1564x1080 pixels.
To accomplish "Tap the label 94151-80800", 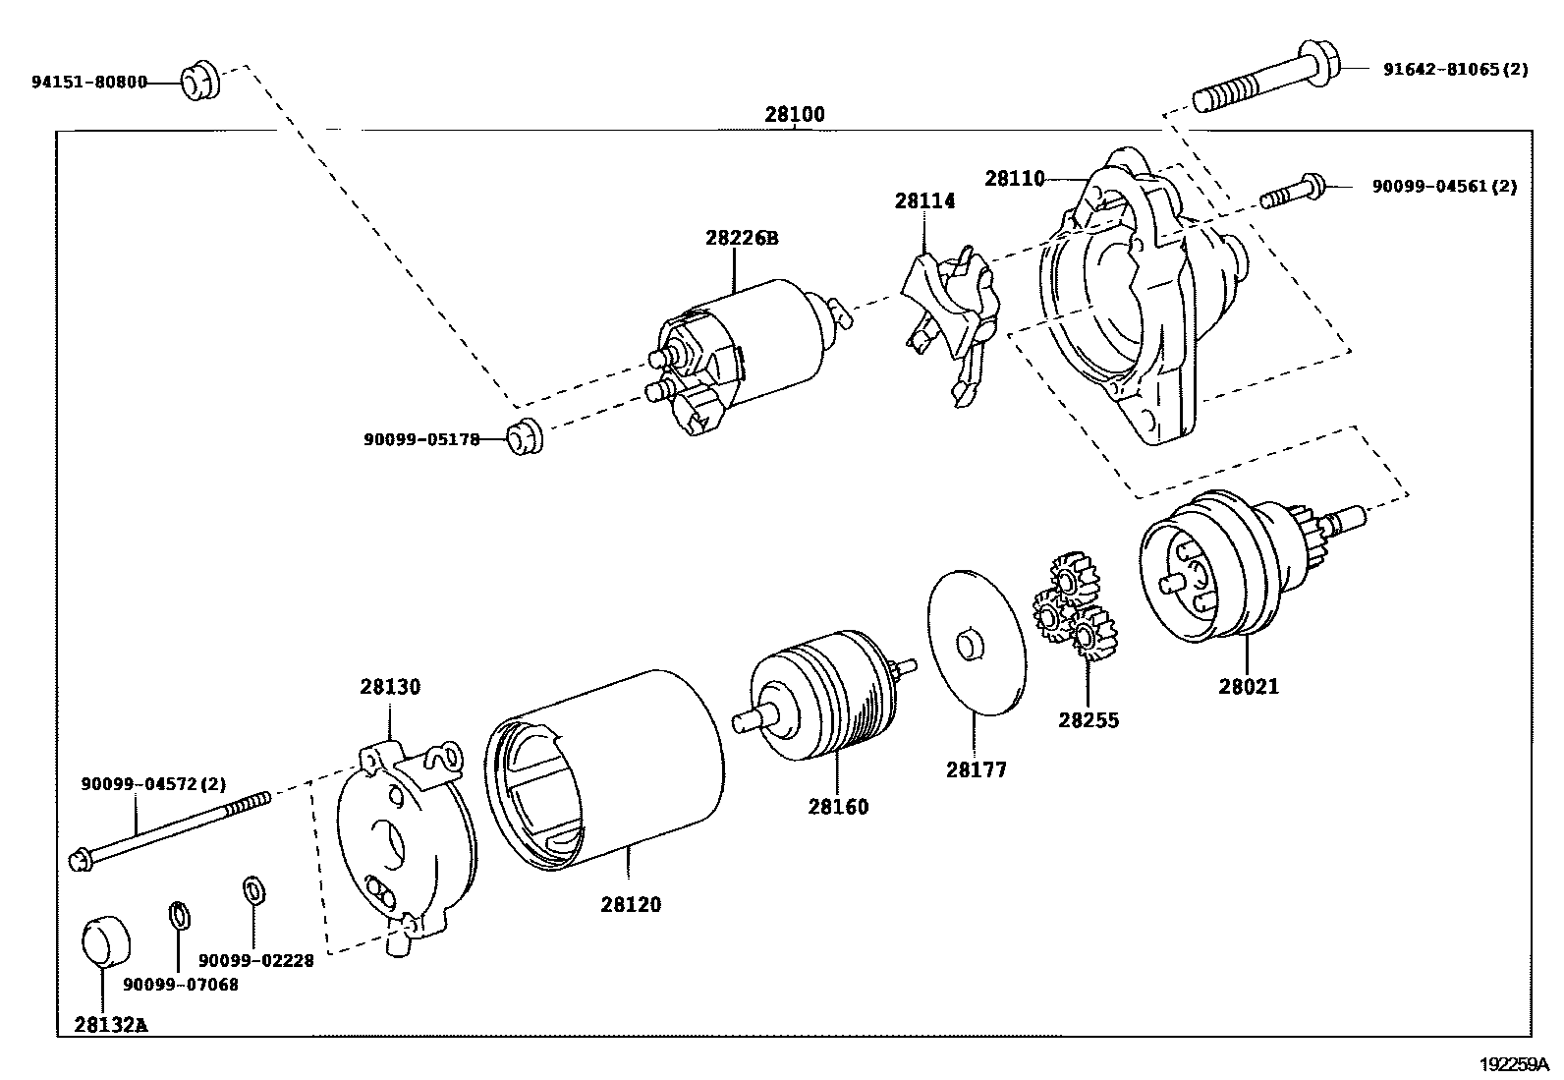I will [88, 82].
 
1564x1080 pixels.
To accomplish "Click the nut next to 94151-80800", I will [200, 81].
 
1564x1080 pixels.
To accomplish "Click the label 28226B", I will [741, 238].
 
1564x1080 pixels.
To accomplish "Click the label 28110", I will [1015, 179].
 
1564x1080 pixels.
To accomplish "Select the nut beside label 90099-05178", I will [523, 436].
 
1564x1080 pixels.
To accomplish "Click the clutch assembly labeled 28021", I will [1223, 570].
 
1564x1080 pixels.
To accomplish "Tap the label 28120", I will [631, 904].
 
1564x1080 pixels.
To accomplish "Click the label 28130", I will [389, 687].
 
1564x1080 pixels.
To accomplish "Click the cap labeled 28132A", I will [103, 941].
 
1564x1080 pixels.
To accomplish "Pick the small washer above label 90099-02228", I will [252, 891].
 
